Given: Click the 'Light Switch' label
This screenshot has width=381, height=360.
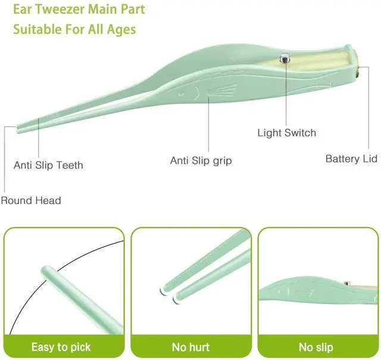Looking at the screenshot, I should pos(286,133).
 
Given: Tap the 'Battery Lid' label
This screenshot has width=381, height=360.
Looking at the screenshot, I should pos(351,159).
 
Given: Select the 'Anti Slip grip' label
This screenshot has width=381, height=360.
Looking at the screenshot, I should pos(201,161).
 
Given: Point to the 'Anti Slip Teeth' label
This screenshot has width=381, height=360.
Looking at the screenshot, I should pos(48,165).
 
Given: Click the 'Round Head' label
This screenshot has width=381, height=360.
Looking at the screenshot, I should pos(31,201).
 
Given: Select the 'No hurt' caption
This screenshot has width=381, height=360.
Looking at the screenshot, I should pos(190,346).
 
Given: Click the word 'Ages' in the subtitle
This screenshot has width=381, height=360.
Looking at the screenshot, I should pos(123,29).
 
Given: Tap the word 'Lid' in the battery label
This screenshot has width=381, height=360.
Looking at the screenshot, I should pos(369,159).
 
